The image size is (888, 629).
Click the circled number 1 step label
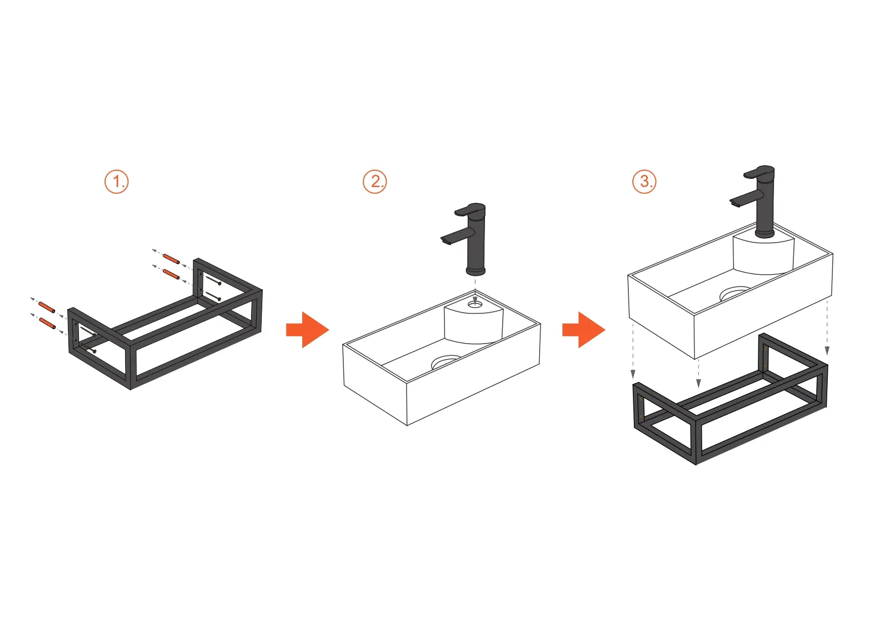click(116, 181)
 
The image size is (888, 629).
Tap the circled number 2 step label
click(375, 181)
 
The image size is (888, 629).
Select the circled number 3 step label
click(644, 181)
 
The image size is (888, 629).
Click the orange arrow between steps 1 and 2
click(308, 330)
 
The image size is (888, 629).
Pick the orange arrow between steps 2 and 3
click(584, 330)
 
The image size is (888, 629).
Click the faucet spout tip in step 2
click(446, 241)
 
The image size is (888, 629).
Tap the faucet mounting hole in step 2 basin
click(475, 304)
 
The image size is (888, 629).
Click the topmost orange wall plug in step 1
click(171, 259)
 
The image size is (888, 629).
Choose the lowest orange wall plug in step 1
click(47, 323)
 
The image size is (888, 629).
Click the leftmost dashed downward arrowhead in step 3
click(633, 375)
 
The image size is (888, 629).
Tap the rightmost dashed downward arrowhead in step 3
click(827, 351)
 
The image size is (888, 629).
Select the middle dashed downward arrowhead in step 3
click(699, 383)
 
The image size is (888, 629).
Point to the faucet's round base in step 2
click(475, 271)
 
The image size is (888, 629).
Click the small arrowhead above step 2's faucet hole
click(475, 299)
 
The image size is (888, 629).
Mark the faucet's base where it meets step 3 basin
click(764, 234)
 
